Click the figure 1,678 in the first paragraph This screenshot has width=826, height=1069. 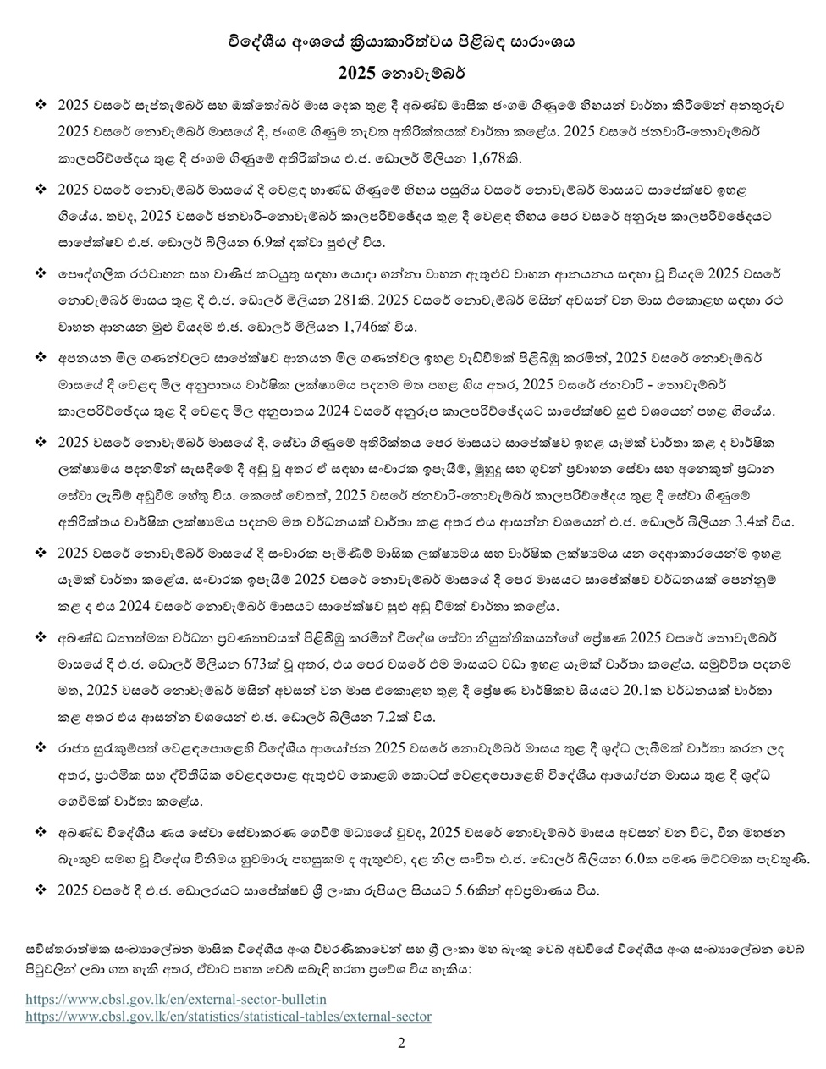509,157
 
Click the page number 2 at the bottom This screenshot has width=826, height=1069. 401,1043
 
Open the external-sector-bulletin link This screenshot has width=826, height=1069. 175,999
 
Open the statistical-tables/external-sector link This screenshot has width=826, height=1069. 228,1016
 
